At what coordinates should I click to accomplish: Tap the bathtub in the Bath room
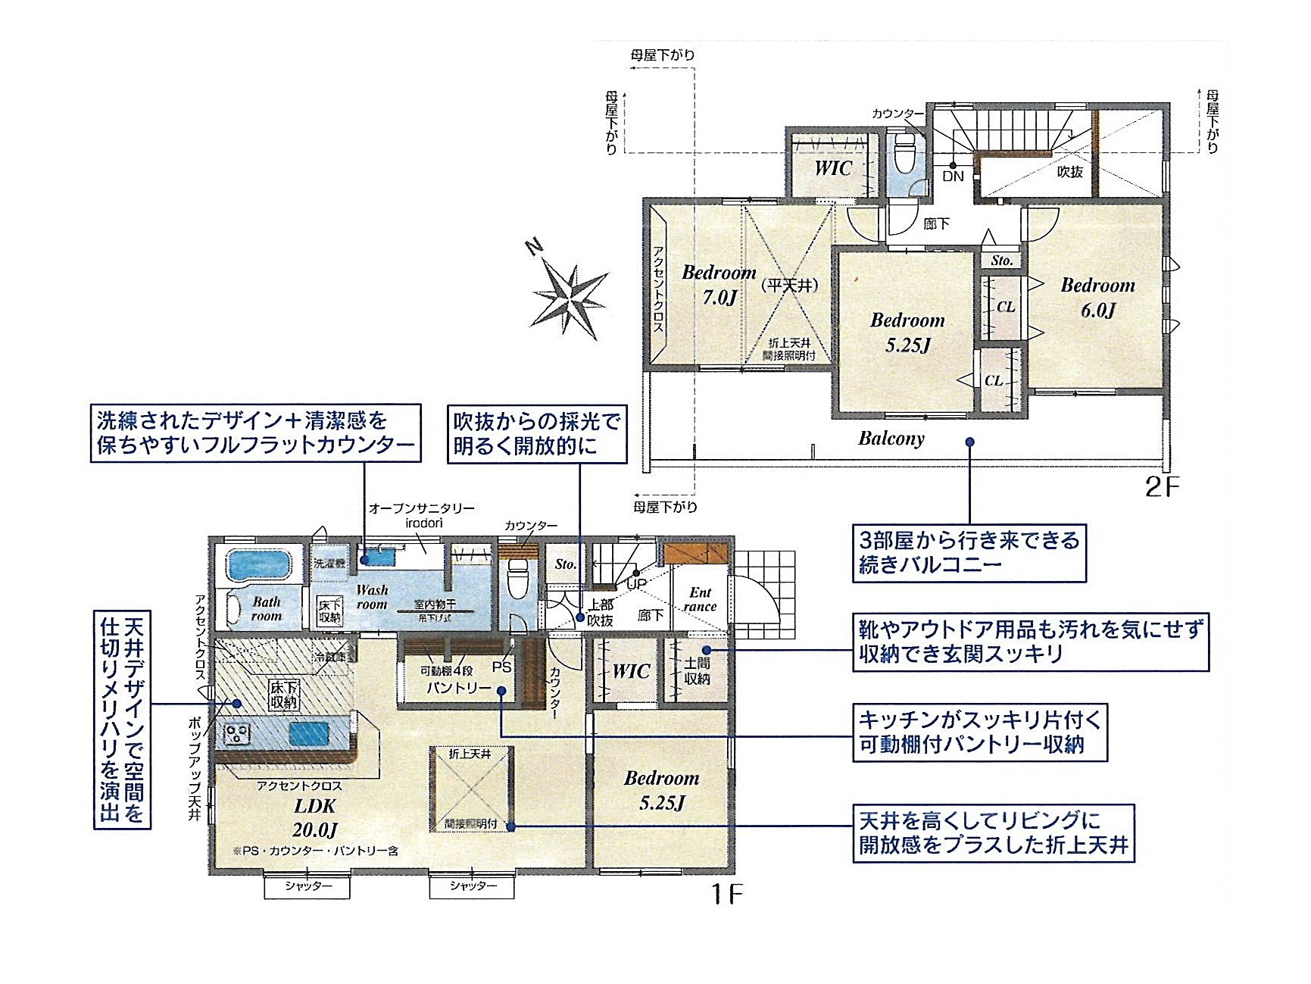[x=259, y=565]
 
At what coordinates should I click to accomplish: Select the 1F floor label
[x=726, y=895]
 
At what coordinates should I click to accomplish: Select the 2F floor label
[x=1161, y=486]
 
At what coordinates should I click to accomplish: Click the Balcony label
[x=891, y=439]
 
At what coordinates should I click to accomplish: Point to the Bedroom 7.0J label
[x=719, y=284]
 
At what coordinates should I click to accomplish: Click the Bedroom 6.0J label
[x=1097, y=297]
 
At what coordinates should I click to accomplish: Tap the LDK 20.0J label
[x=314, y=817]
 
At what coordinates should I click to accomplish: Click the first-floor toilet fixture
[x=518, y=579]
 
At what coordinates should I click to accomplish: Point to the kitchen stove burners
[x=237, y=733]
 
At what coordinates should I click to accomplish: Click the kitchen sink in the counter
[x=308, y=733]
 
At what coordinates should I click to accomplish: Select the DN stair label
[x=953, y=176]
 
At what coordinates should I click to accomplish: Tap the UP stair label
[x=636, y=584]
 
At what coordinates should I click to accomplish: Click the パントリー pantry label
[x=459, y=688]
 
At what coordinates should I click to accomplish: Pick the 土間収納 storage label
[x=696, y=671]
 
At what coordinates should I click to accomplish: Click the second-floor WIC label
[x=833, y=168]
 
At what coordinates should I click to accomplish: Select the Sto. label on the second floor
[x=1001, y=260]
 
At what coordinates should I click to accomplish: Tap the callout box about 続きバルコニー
[x=969, y=552]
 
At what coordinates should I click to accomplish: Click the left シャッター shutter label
[x=307, y=886]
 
